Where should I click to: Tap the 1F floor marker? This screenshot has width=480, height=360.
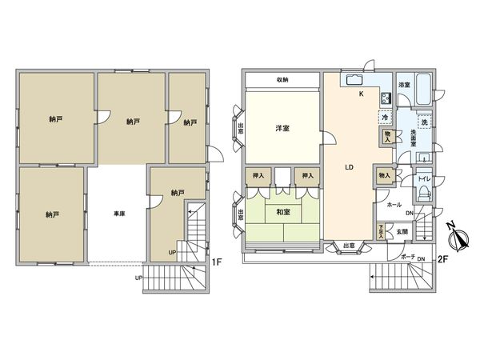(x=216, y=261)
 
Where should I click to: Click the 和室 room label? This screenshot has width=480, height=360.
(x=282, y=213)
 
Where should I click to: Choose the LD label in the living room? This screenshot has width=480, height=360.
(x=349, y=168)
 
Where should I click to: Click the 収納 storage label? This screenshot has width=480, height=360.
(x=283, y=80)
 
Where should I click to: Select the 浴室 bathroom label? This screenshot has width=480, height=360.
(x=406, y=84)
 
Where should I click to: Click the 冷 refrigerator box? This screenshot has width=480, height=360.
(x=386, y=118)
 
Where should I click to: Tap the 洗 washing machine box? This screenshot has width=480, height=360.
(x=425, y=122)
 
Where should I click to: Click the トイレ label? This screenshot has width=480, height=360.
(x=425, y=180)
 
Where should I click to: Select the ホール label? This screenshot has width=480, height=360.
(x=394, y=205)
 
